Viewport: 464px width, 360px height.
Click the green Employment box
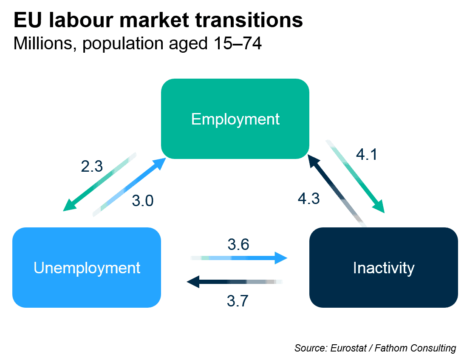235,119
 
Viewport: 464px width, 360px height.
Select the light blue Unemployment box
87,267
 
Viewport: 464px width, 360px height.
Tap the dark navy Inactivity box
384,267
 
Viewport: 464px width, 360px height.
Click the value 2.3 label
92,166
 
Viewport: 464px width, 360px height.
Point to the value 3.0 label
143,201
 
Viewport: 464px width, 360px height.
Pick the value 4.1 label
367,154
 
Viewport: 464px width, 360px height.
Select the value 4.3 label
308,198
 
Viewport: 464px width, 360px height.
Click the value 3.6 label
238,244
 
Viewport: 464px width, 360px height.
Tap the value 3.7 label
238,301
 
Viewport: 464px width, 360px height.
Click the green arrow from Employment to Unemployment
100,182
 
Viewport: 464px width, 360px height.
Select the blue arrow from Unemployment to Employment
129,187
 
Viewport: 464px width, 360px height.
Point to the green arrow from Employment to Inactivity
355,176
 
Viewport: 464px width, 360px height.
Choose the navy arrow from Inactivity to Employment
337,191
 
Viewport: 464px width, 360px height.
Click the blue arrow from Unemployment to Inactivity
239,258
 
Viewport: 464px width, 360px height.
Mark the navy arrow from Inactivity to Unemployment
235,281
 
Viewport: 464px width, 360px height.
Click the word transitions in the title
249,20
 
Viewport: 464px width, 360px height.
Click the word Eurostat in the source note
348,348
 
